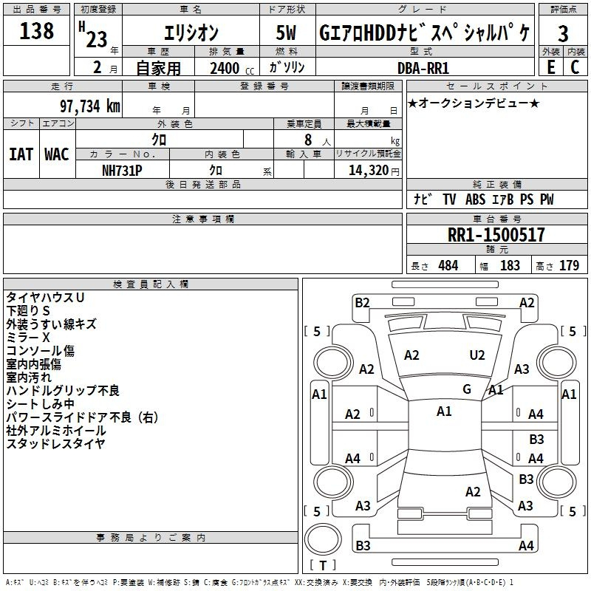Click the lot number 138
tap(36, 30)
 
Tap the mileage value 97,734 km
tap(90, 106)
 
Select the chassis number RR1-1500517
tap(496, 235)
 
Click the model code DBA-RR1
tap(423, 68)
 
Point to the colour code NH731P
tap(122, 171)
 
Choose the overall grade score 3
tap(563, 33)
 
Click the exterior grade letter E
tap(551, 67)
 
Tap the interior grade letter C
tap(575, 67)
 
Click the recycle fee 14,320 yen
tap(374, 171)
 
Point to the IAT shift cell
tap(21, 154)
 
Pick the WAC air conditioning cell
tap(57, 154)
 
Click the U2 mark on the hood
tap(477, 355)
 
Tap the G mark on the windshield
tap(467, 389)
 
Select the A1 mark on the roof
tap(444, 411)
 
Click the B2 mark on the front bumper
tap(362, 303)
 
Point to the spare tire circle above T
tap(323, 539)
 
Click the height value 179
tap(569, 265)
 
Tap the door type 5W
tap(286, 33)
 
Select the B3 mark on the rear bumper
tap(363, 545)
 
